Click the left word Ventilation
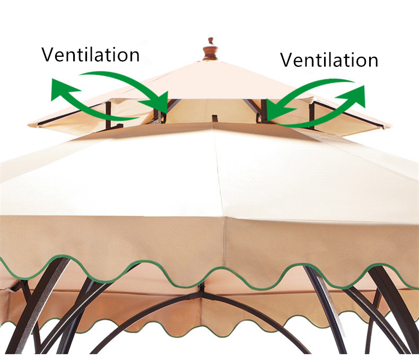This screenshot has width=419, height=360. (x=91, y=54)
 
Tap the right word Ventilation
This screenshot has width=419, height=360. (x=329, y=59)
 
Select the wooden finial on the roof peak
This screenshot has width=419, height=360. (x=211, y=49)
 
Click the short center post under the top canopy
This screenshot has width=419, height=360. (x=214, y=118)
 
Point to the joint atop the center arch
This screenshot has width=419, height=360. (x=201, y=290)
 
